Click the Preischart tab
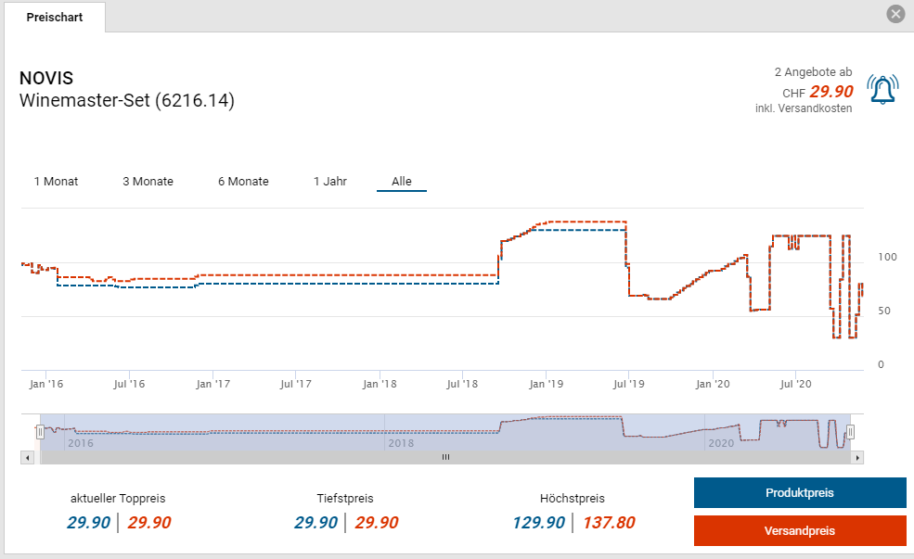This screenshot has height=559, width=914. [55, 17]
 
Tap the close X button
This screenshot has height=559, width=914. [895, 14]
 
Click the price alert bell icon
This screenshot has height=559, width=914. [882, 90]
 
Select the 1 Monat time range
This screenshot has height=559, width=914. [56, 181]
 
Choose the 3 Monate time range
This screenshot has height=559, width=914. [148, 181]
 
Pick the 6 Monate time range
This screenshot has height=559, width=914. [243, 181]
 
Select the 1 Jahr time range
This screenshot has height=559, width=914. [330, 181]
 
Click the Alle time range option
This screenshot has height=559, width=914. [402, 181]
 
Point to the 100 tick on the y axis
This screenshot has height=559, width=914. [887, 257]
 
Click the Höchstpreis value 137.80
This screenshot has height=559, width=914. [609, 523]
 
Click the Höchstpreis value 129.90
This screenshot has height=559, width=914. [538, 523]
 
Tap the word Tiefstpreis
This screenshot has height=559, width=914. [345, 498]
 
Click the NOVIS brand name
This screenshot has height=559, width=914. [46, 78]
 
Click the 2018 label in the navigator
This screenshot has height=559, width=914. [400, 443]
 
